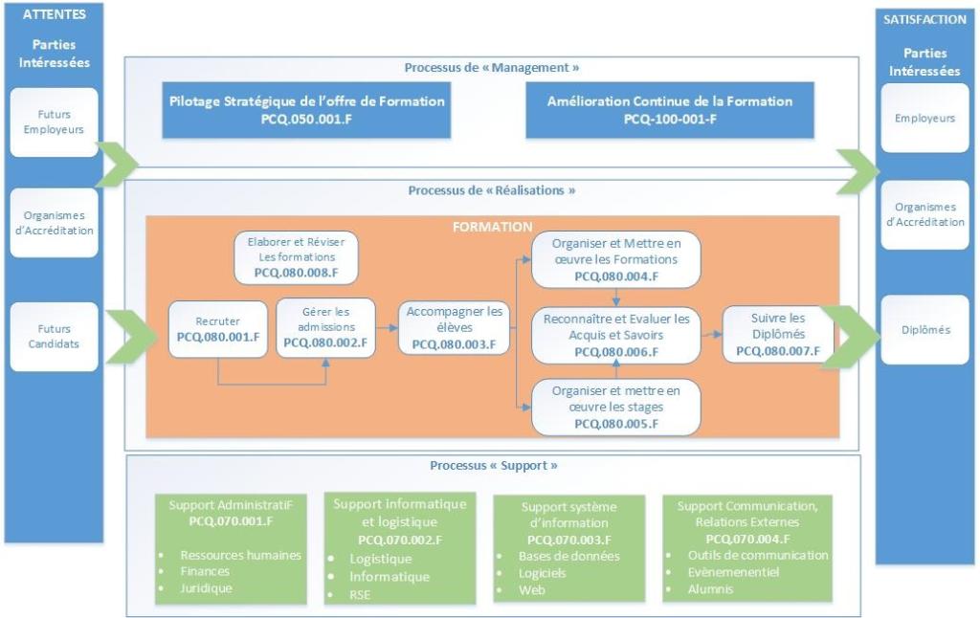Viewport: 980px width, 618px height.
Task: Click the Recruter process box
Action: [219, 329]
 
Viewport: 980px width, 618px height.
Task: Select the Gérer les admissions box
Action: [325, 328]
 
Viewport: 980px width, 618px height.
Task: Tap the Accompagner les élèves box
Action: [455, 328]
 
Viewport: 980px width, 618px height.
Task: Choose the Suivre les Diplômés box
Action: [778, 334]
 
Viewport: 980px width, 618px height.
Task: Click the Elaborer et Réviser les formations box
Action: [296, 257]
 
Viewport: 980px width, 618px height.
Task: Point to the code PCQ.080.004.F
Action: [615, 276]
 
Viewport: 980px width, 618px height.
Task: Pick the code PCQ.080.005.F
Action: [615, 423]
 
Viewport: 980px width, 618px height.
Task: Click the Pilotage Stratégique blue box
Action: [307, 110]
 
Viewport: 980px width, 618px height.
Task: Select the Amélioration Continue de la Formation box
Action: [670, 110]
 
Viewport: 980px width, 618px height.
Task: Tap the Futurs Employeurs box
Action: [54, 122]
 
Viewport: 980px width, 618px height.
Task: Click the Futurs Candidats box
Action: [54, 337]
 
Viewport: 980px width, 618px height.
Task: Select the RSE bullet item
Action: [360, 594]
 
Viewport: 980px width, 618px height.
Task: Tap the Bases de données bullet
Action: [568, 556]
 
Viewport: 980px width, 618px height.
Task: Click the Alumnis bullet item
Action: [710, 589]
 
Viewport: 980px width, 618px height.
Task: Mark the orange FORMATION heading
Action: [493, 228]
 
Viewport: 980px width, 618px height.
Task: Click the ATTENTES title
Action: [54, 14]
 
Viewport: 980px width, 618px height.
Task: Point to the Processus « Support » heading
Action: [494, 466]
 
